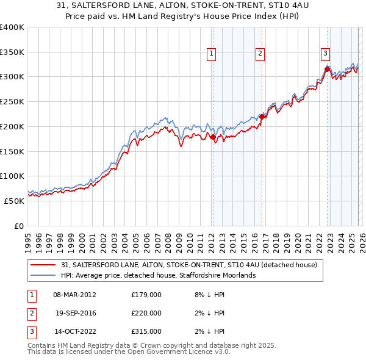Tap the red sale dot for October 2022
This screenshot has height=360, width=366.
pyautogui.click(x=327, y=70)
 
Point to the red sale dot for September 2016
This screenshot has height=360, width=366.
pyautogui.click(x=262, y=116)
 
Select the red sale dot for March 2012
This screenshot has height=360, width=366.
pyautogui.click(x=213, y=137)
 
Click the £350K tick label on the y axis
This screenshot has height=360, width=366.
pyautogui.click(x=12, y=52)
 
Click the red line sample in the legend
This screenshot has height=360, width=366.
pyautogui.click(x=43, y=265)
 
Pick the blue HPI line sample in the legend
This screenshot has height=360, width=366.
pyautogui.click(x=43, y=276)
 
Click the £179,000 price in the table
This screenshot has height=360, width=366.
pyautogui.click(x=146, y=295)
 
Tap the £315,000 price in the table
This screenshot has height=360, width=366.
pyautogui.click(x=146, y=331)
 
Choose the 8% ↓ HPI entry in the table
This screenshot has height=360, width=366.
pyautogui.click(x=207, y=295)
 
